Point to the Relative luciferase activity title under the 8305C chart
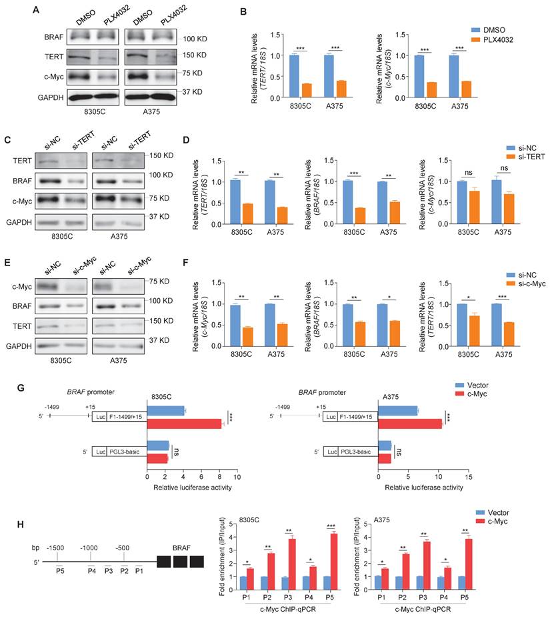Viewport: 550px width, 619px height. pos(192,488)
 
